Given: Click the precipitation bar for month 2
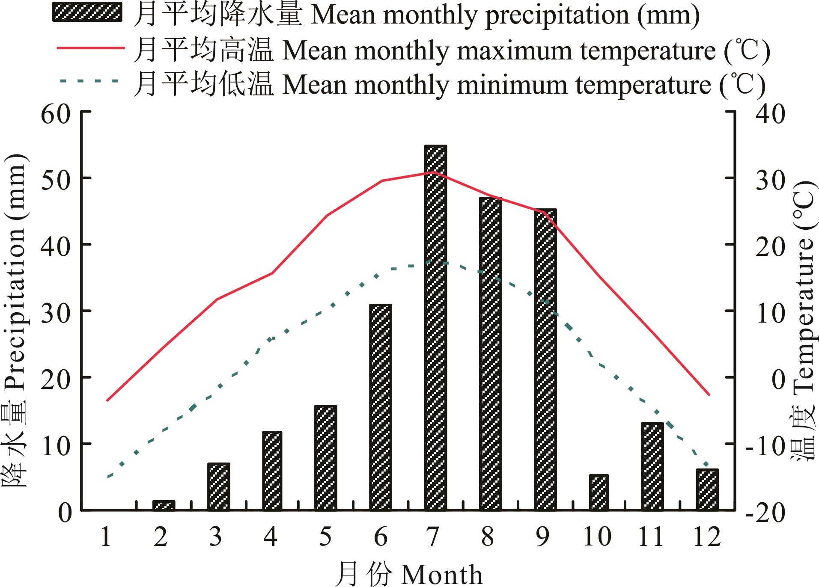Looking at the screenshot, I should click(164, 505).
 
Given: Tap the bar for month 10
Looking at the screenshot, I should click(599, 492).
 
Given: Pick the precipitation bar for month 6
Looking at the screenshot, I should click(381, 407).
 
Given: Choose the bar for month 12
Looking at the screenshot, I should click(707, 489).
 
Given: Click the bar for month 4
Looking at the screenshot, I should click(272, 471).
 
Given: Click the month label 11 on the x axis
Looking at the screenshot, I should click(651, 537).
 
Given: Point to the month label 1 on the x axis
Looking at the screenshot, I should click(106, 537).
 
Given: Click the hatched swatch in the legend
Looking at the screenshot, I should click(87, 12).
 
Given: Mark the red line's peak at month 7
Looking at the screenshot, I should click(434, 172).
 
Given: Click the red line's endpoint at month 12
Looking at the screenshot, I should click(709, 394).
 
